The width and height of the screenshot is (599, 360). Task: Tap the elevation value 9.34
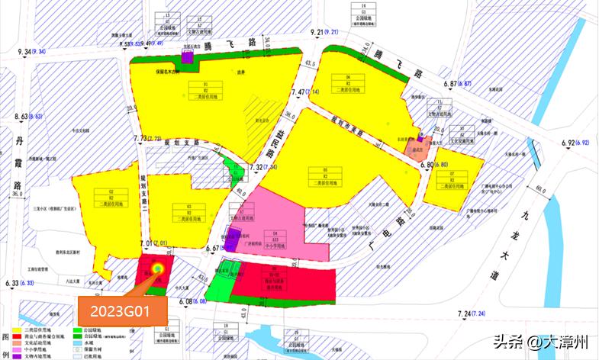click(27, 51)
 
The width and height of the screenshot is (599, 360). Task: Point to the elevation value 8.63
click(25, 117)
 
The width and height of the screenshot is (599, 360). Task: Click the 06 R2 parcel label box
click(347, 83)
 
